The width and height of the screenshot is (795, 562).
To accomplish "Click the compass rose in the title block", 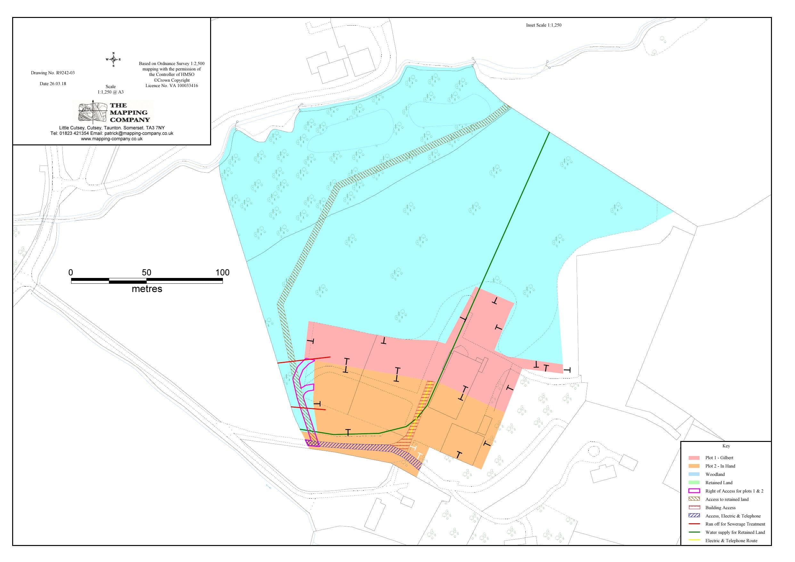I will tap(113, 60).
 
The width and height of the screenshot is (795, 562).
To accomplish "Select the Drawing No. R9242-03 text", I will tap(53, 73).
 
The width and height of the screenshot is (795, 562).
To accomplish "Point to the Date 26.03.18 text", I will tap(53, 84).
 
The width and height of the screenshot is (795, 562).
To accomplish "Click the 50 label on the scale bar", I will tap(146, 273).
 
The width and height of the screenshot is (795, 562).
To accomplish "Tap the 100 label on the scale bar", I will tap(222, 273).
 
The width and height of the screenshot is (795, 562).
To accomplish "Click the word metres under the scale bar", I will tap(147, 289).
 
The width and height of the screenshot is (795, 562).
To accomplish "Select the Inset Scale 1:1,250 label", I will tap(544, 25).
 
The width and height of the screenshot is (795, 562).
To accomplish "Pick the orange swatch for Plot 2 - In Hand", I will tap(694, 466).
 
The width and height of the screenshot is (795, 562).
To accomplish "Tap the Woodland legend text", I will tap(715, 474).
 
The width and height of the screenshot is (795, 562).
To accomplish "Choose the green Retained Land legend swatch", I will tap(694, 483).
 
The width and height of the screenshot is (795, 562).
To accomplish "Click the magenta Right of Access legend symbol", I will tap(694, 491).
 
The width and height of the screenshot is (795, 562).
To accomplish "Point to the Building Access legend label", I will tap(720, 508).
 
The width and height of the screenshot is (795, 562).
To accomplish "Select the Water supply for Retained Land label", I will tap(735, 532).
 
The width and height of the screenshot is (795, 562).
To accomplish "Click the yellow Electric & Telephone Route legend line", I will tap(694, 541).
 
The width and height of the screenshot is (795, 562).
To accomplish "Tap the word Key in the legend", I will tap(726, 446).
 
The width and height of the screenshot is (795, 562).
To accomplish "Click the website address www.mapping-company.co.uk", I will tap(111, 139).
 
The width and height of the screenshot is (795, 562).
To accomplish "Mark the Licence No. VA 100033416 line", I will tap(172, 86).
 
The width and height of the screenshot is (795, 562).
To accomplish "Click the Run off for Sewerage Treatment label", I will tap(735, 524).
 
